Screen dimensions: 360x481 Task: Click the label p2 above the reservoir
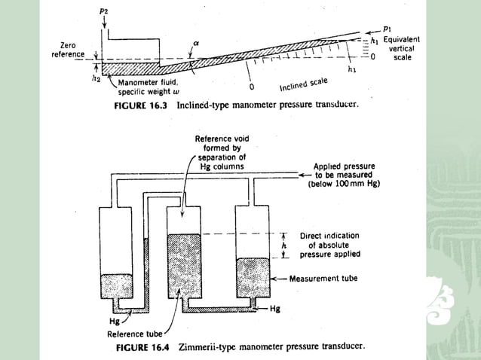tap(103, 12)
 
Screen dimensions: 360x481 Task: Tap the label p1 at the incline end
tap(387, 32)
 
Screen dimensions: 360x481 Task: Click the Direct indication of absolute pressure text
tap(329, 245)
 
